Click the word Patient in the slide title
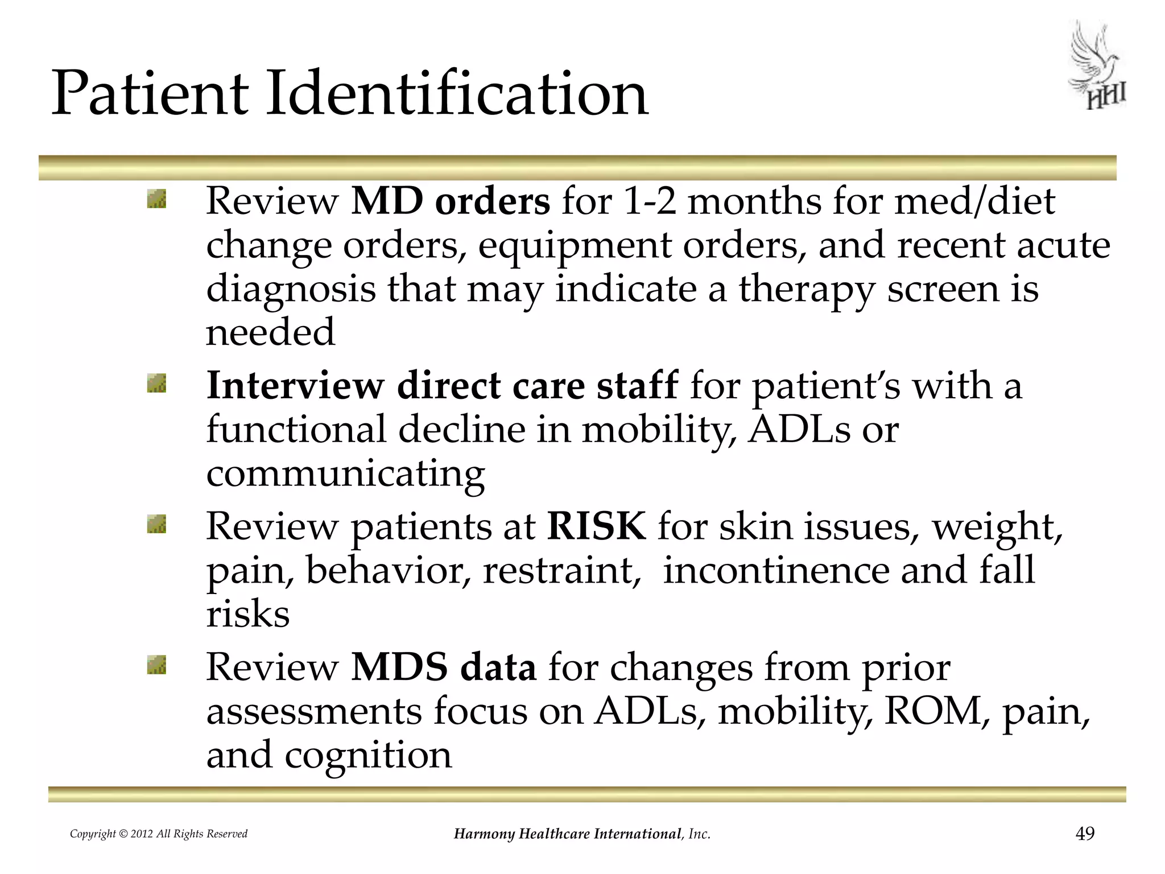click(150, 93)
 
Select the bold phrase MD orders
click(451, 201)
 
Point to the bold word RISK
click(596, 526)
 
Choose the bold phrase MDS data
click(444, 667)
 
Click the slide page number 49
click(1085, 834)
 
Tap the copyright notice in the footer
click(159, 834)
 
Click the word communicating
click(345, 473)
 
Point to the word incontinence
click(776, 570)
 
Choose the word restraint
click(558, 570)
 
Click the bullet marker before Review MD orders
click(156, 199)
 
